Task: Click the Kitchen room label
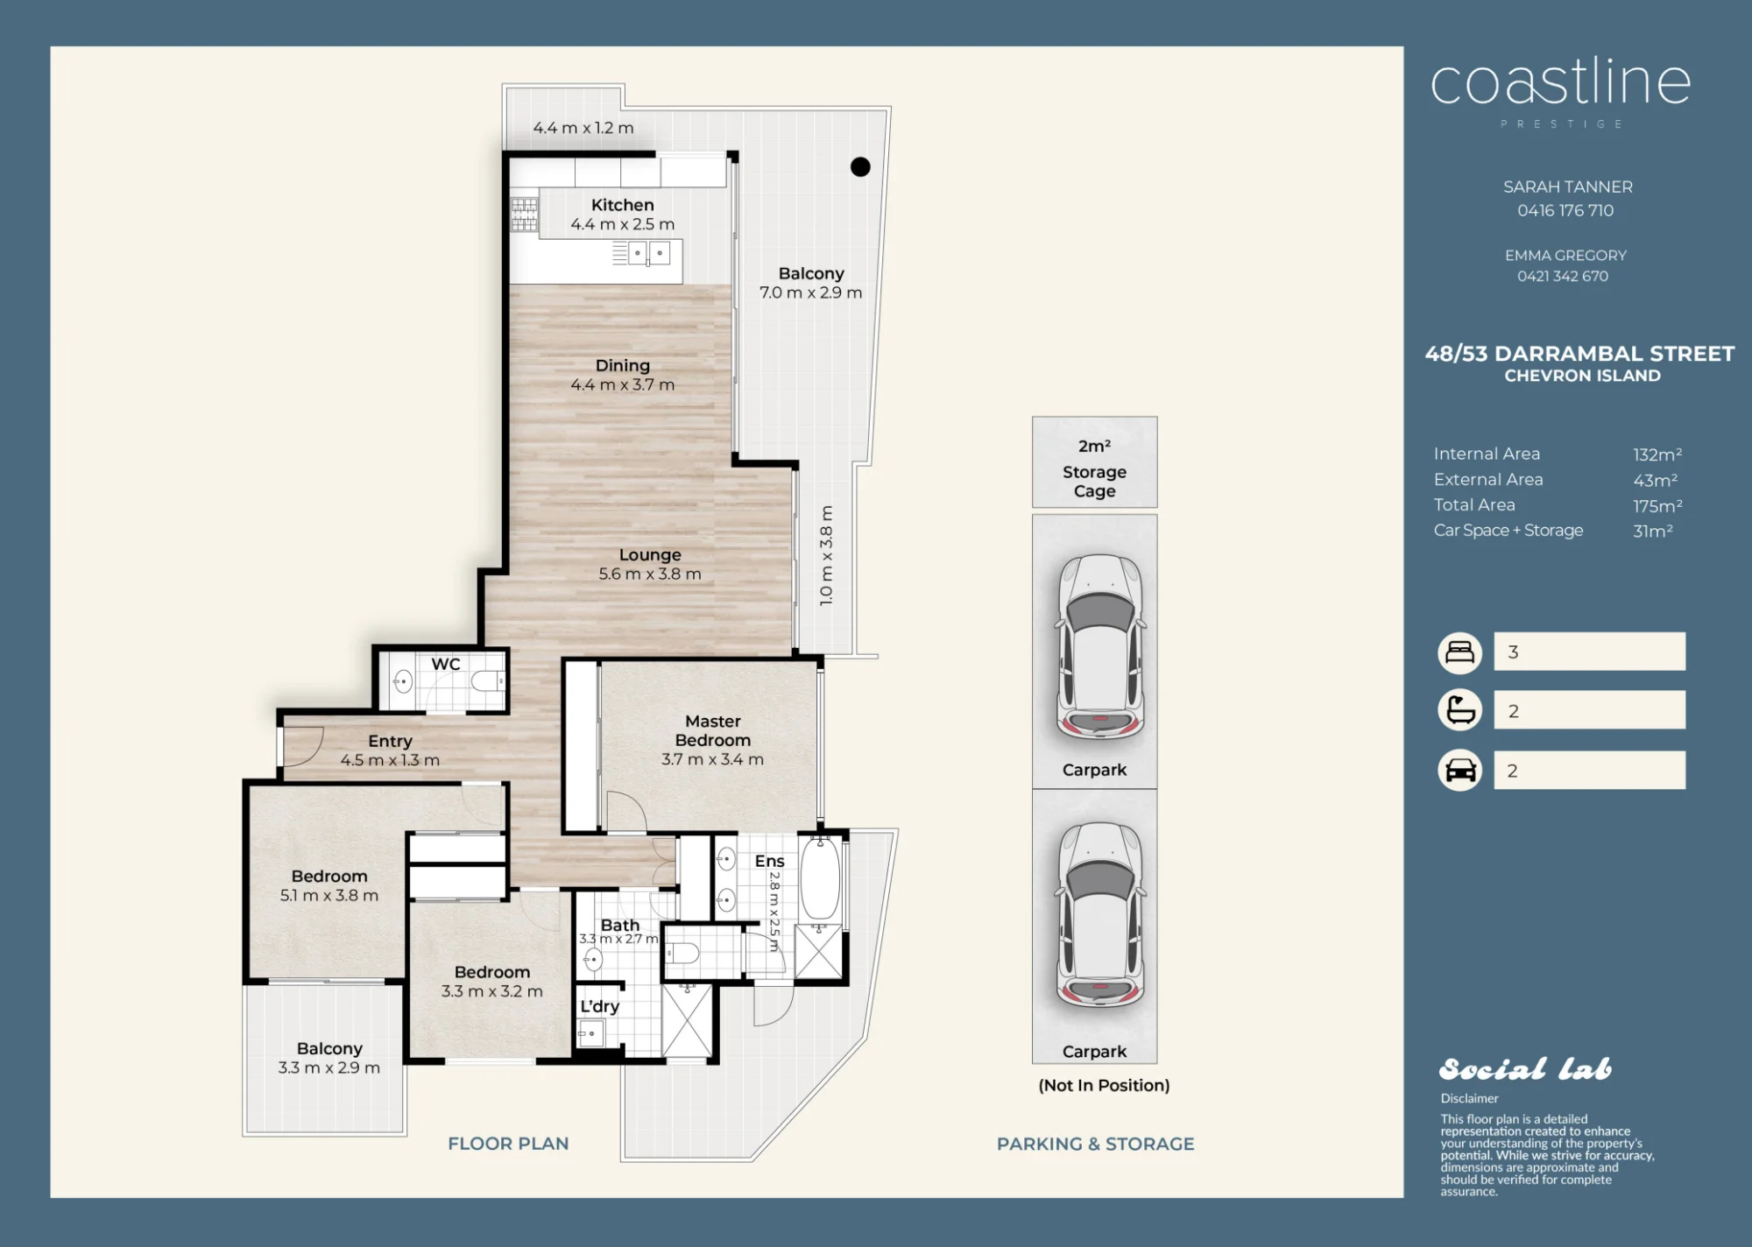point(622,205)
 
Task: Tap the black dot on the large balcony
point(860,166)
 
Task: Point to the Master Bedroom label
point(712,730)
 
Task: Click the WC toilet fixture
point(488,680)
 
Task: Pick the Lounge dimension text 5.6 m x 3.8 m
point(650,574)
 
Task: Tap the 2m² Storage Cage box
point(1094,462)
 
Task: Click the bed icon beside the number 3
point(1459,652)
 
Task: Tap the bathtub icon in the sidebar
point(1459,710)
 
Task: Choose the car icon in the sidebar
point(1459,770)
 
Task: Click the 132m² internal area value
point(1657,454)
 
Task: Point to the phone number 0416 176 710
point(1565,210)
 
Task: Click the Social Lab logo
point(1525,1069)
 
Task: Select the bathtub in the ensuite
point(820,877)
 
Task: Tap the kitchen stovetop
point(524,215)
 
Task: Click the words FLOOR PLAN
point(508,1144)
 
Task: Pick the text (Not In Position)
point(1104,1086)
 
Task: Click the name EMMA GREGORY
point(1565,256)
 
